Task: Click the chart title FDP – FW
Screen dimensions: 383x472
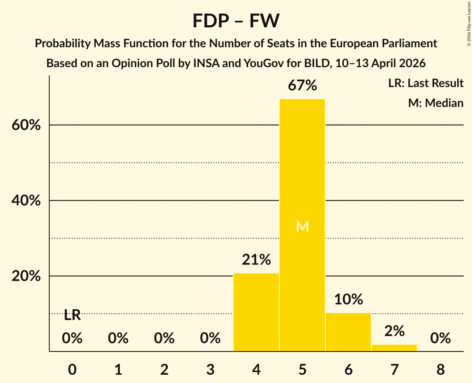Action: click(236, 21)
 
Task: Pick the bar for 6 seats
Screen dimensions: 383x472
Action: click(348, 332)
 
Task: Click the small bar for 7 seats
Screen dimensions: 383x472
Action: click(394, 348)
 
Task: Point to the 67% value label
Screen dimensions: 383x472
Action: click(303, 86)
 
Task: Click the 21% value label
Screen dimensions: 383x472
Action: click(257, 260)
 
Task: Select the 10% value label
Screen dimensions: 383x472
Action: click(349, 299)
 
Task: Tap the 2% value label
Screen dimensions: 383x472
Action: click(394, 331)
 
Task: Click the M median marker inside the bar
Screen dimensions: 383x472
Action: click(303, 226)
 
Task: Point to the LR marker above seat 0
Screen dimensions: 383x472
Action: click(72, 315)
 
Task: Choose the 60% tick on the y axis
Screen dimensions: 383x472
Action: click(26, 125)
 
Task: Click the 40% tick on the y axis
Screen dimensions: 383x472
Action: click(26, 201)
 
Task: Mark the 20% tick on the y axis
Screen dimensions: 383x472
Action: click(26, 276)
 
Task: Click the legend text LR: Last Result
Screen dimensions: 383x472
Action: click(426, 83)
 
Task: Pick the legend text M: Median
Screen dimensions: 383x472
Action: click(436, 103)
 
